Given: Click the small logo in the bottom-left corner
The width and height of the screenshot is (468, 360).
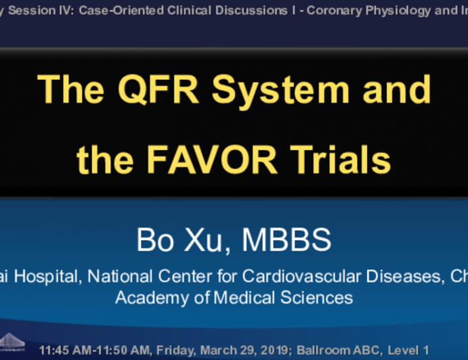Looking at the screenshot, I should (x=12, y=343).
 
